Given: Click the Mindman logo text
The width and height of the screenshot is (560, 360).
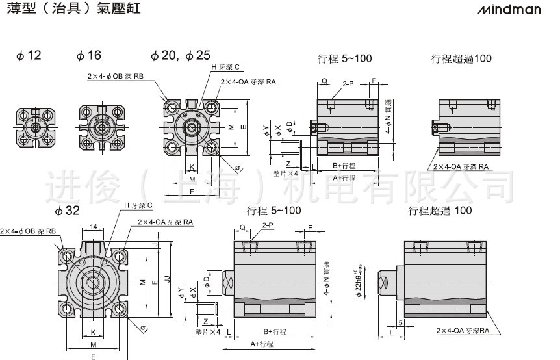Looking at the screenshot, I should (517, 11).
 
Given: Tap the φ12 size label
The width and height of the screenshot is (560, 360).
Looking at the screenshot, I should (29, 55).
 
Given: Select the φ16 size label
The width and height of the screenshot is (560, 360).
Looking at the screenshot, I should (89, 55).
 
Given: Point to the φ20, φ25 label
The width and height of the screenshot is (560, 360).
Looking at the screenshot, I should (180, 55).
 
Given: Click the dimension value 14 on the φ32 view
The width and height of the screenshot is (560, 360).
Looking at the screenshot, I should (94, 227).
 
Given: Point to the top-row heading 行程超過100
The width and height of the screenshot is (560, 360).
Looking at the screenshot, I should (461, 58).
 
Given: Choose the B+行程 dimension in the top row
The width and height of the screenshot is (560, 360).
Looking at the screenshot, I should (344, 166).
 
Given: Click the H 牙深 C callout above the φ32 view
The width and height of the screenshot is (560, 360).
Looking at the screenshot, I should (138, 205).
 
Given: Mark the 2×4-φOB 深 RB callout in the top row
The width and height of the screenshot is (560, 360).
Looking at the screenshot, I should (116, 76).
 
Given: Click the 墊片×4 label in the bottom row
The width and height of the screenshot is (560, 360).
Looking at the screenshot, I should (208, 331).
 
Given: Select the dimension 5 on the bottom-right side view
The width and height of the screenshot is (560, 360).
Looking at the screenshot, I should (401, 322).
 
